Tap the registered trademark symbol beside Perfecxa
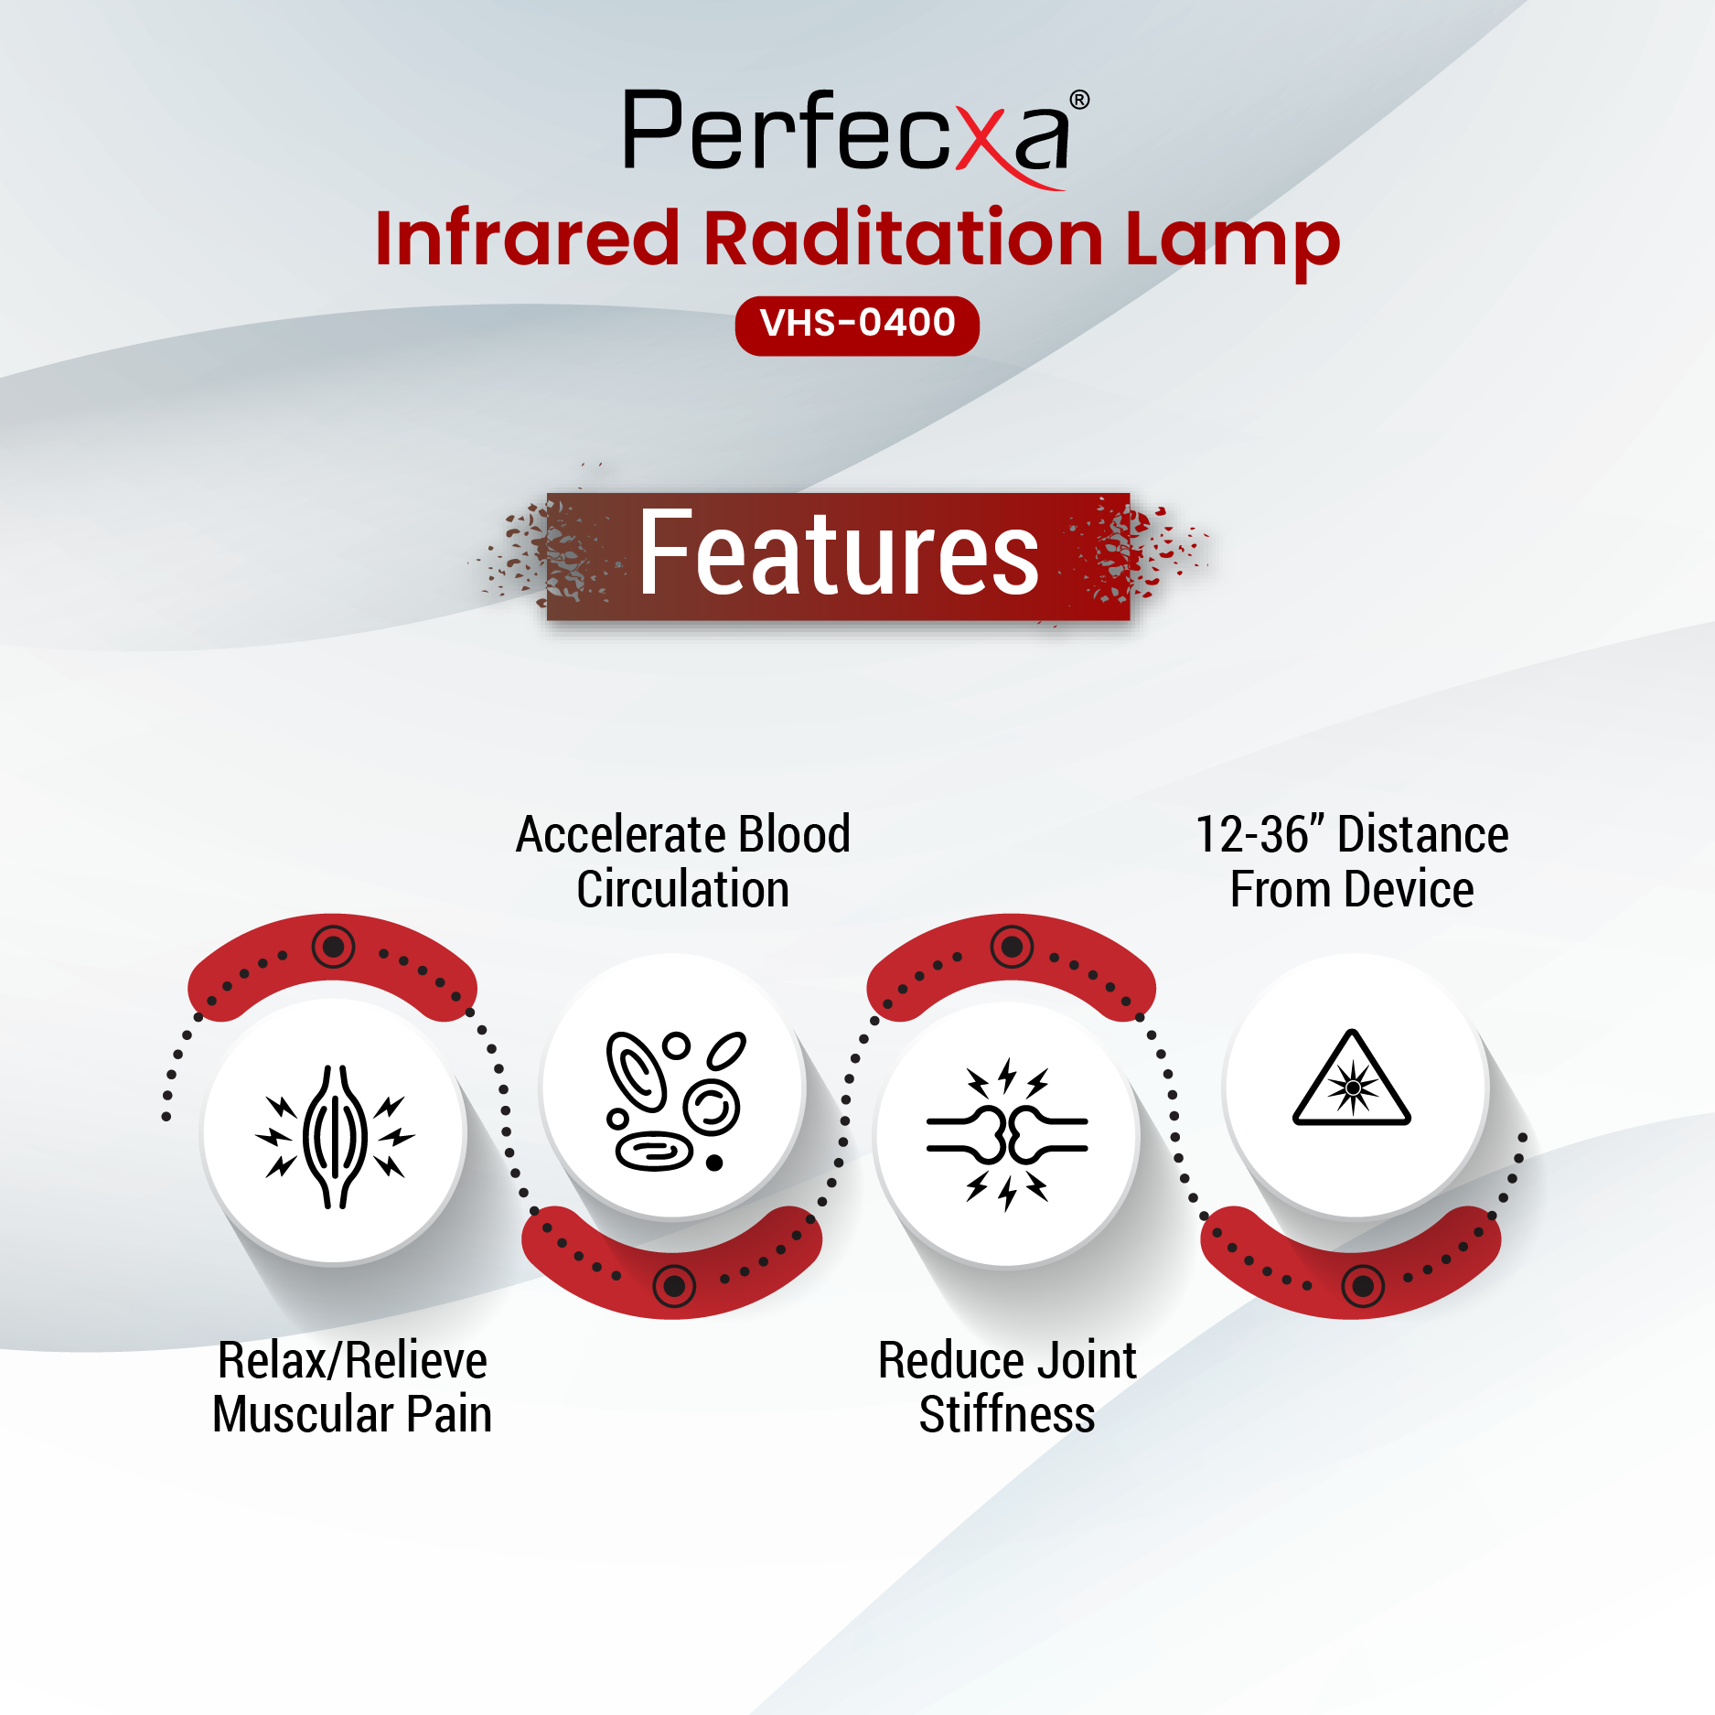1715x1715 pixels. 1079,100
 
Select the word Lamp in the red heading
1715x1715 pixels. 1232,244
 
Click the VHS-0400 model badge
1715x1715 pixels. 857,325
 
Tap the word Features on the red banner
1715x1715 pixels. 839,553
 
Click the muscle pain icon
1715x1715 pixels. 335,1137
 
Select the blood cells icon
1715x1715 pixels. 675,1100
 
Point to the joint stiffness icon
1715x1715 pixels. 1007,1134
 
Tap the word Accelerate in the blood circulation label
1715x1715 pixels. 621,834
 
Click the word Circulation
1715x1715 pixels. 683,890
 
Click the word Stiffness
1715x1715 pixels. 1007,1414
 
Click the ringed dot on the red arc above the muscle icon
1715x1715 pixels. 334,946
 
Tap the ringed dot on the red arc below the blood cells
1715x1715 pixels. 674,1287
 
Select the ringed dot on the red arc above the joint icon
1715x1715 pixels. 1013,946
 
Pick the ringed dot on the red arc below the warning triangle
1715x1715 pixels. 1363,1287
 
